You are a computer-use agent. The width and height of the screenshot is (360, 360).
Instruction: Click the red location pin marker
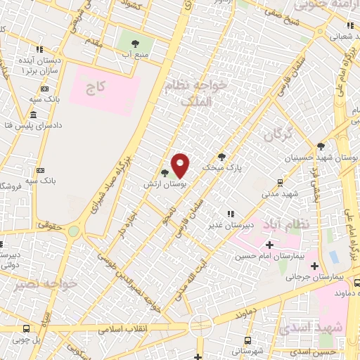(x=181, y=165)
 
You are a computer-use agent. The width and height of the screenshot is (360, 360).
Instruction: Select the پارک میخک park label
(x=216, y=169)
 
